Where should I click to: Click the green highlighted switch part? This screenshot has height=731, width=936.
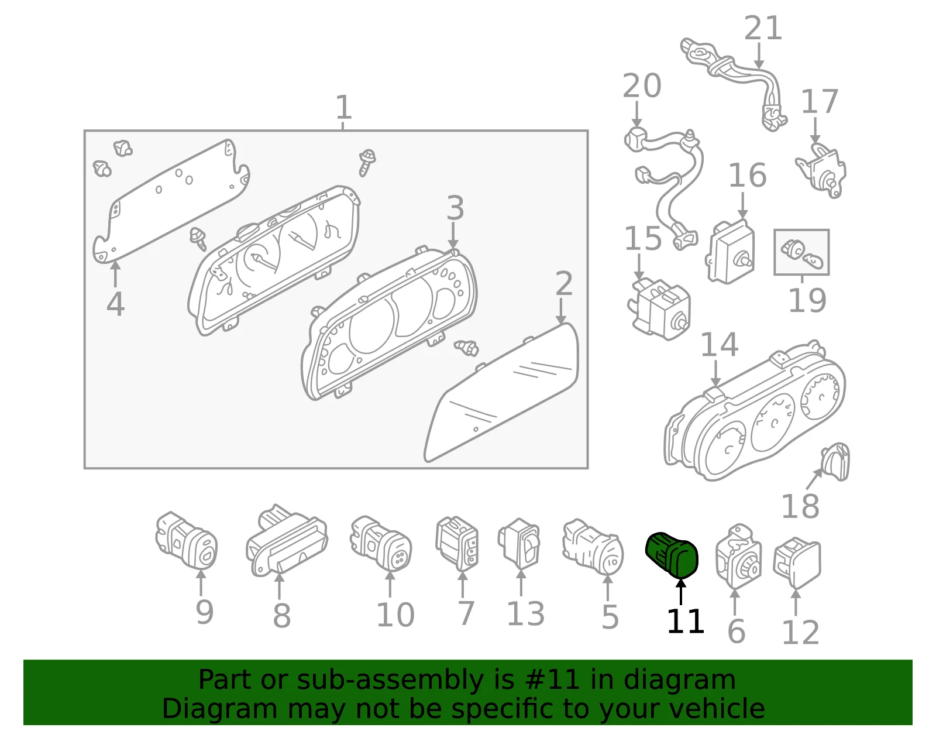[672, 554]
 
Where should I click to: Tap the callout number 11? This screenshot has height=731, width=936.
[685, 622]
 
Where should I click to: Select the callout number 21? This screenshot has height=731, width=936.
[763, 29]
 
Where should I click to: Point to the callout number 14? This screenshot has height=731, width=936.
[720, 345]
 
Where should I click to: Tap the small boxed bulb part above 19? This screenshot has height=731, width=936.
[801, 252]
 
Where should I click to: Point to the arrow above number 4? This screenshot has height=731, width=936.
[115, 274]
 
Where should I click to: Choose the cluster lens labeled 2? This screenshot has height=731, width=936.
[502, 393]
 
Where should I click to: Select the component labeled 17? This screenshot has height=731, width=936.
[821, 170]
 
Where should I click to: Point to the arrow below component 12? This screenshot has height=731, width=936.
[796, 603]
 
